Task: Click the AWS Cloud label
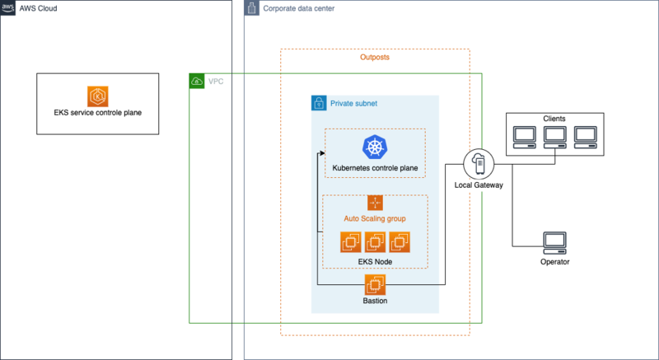pyautogui.click(x=38, y=9)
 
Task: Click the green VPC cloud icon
pyautogui.click(x=198, y=82)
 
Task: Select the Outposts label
pyautogui.click(x=375, y=58)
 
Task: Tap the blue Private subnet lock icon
pyautogui.click(x=319, y=104)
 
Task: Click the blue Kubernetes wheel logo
pyautogui.click(x=375, y=148)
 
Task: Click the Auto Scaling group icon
pyautogui.click(x=375, y=203)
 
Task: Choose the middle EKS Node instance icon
pyautogui.click(x=375, y=242)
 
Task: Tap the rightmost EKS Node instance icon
pyautogui.click(x=400, y=242)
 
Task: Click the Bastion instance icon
pyautogui.click(x=375, y=285)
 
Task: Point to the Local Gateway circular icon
pyautogui.click(x=479, y=164)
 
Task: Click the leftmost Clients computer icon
pyautogui.click(x=523, y=136)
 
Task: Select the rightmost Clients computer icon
pyautogui.click(x=585, y=136)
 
